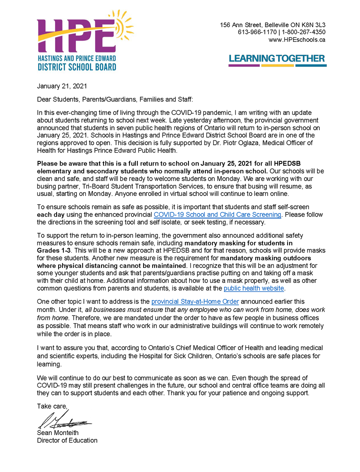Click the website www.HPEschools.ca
click(297, 40)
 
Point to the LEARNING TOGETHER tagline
click(277, 59)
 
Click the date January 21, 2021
click(62, 86)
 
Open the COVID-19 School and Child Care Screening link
click(217, 215)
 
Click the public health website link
click(254, 288)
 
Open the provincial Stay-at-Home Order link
click(195, 302)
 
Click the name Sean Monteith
click(57, 433)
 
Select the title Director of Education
click(67, 440)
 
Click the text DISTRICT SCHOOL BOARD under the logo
click(77, 66)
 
